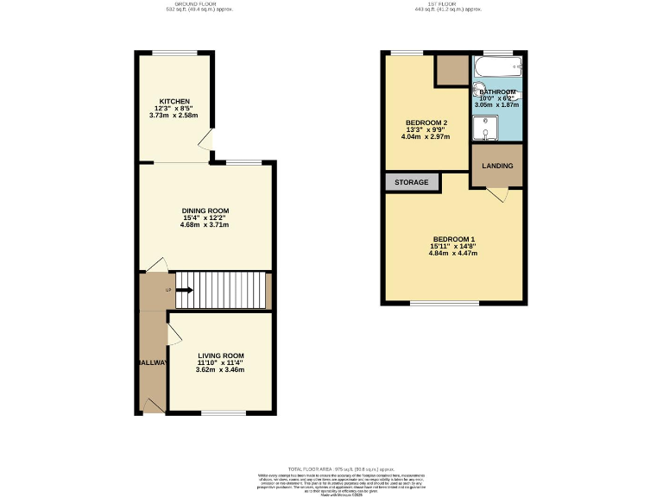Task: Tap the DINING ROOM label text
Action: [x=205, y=211]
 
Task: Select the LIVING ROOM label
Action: [x=221, y=355]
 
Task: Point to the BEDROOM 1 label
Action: [x=453, y=239]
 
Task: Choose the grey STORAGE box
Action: [x=412, y=183]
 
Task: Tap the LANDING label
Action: [x=497, y=167]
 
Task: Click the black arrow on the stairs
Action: [x=183, y=291]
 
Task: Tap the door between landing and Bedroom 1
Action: [x=498, y=195]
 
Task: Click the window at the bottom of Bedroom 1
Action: [x=445, y=303]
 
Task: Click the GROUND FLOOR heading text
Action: [x=198, y=4]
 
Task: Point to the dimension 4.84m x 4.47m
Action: [x=453, y=255]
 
